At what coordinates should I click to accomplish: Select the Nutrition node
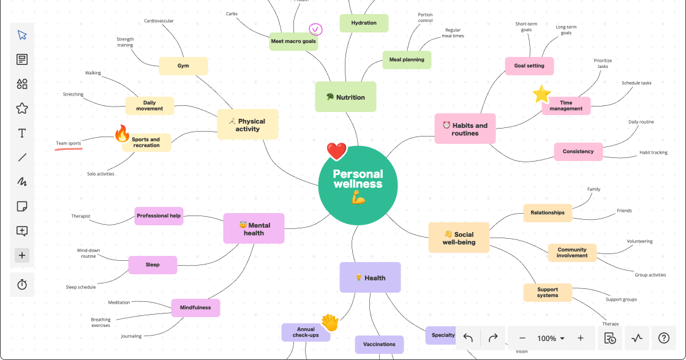[x=345, y=97]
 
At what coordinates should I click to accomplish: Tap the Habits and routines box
[x=465, y=129]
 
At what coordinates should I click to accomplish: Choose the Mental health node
[x=254, y=228]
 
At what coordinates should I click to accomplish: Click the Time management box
[x=566, y=106]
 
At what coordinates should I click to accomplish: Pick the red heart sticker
[x=336, y=151]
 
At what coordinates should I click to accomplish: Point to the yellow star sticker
[x=541, y=94]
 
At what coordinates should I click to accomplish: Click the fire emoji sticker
[x=123, y=133]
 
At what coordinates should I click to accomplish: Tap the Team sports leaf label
[x=69, y=143]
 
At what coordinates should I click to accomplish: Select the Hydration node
[x=364, y=23]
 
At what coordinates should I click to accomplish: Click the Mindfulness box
[x=195, y=307]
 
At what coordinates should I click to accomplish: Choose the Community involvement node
[x=572, y=252]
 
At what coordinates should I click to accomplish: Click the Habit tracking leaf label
[x=653, y=152]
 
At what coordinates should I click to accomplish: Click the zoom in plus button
[x=580, y=338]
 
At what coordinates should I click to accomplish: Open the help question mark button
[x=663, y=338]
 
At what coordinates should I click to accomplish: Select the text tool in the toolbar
[x=22, y=133]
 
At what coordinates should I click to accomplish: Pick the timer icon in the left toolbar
[x=22, y=285]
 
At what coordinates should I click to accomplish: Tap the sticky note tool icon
[x=22, y=206]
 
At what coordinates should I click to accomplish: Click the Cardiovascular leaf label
[x=159, y=21]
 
